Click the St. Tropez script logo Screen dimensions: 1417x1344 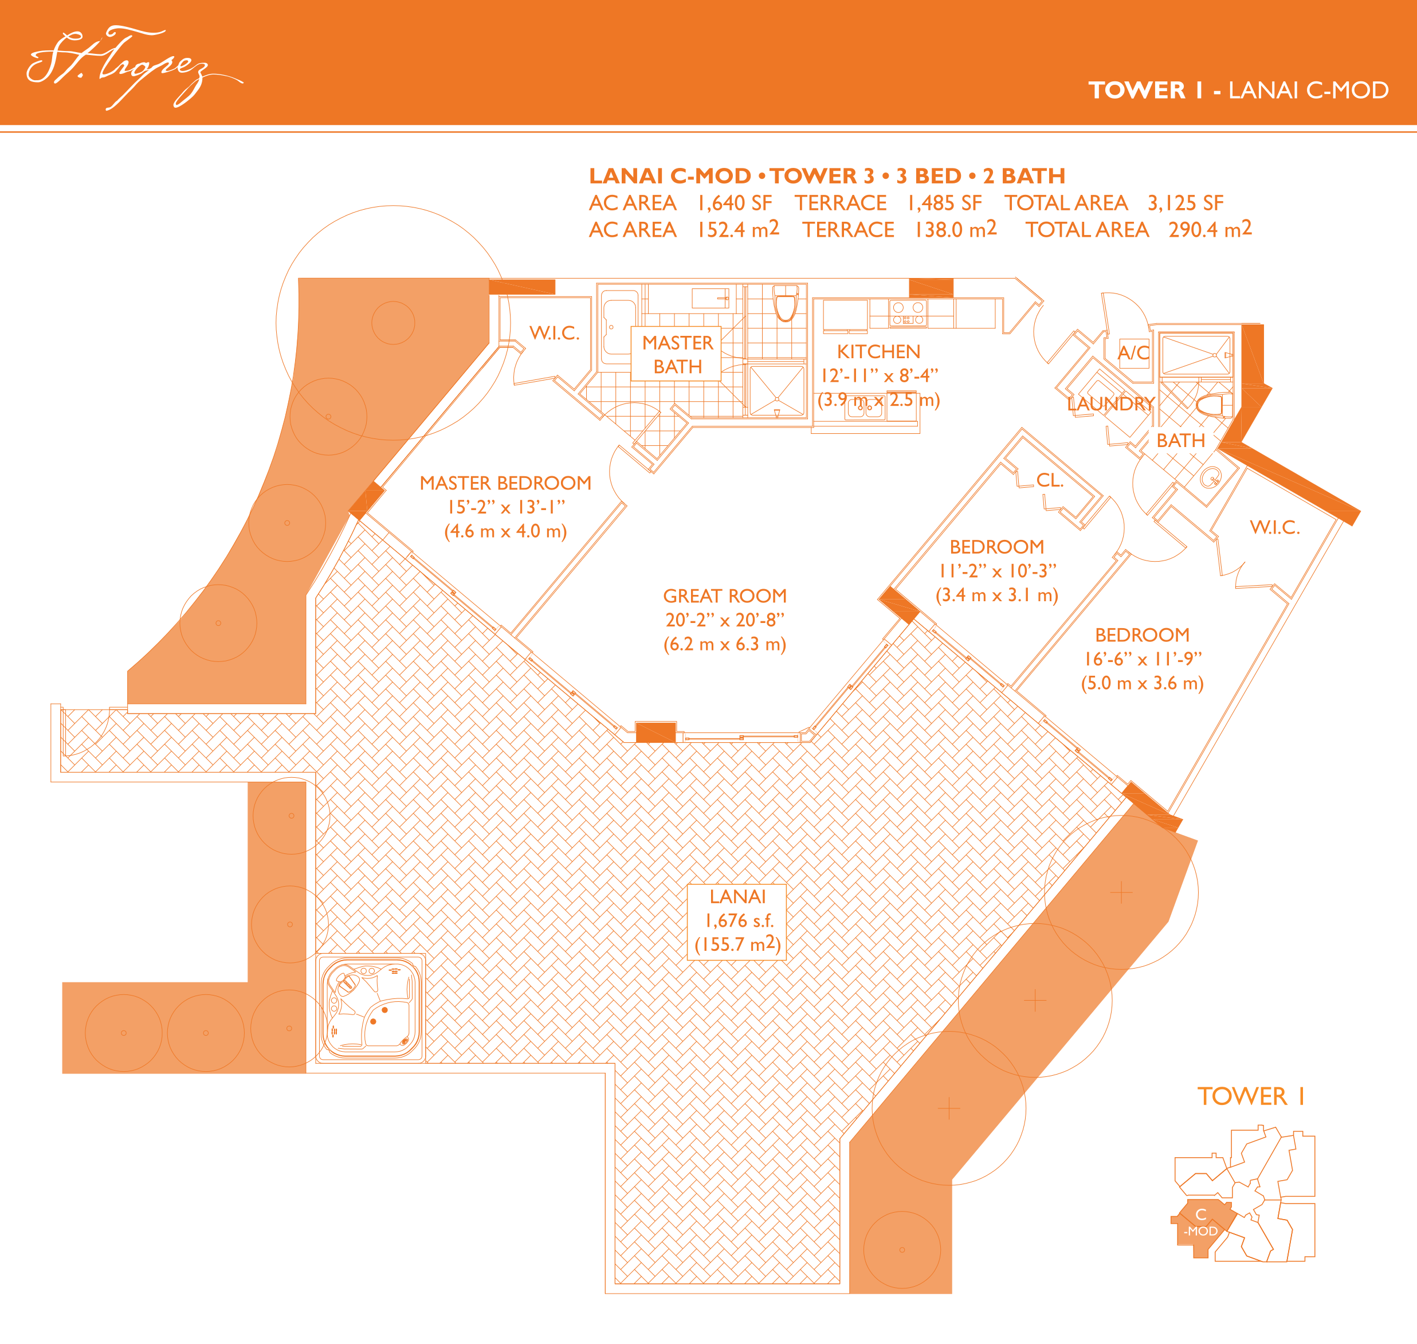(x=135, y=68)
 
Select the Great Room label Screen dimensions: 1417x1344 (x=725, y=596)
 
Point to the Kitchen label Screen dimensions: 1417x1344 (x=879, y=352)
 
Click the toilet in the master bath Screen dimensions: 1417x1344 (x=786, y=304)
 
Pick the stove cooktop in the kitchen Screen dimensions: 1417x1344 (x=908, y=313)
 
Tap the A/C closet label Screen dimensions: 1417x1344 (x=1133, y=352)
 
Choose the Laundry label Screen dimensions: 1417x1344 (x=1110, y=404)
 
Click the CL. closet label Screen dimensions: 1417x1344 (x=1050, y=480)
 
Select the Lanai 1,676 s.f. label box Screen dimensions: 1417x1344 (x=738, y=922)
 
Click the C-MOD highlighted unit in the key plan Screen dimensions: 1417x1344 (x=1202, y=1227)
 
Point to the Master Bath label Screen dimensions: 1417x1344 (x=678, y=355)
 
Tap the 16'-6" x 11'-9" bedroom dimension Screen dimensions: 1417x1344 (x=1143, y=659)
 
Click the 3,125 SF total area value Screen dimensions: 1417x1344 (x=1186, y=203)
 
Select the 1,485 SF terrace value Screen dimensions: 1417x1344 (x=945, y=203)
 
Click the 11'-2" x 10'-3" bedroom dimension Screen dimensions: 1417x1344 (x=996, y=571)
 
